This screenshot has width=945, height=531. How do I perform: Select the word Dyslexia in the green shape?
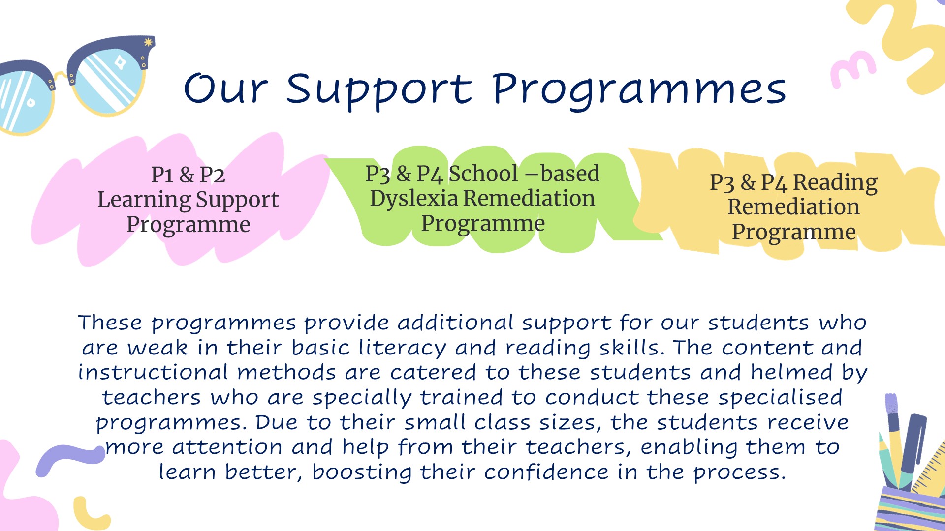click(x=414, y=198)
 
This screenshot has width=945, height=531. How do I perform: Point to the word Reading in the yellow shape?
click(x=835, y=183)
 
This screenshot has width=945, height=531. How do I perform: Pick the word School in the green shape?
click(x=483, y=174)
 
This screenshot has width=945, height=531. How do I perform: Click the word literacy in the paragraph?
click(x=402, y=348)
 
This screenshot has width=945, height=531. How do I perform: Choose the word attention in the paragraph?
click(x=227, y=447)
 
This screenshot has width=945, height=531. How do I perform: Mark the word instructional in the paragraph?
click(x=153, y=372)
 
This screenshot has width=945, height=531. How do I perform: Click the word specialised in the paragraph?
click(x=780, y=397)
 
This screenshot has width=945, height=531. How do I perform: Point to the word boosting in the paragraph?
click(x=362, y=472)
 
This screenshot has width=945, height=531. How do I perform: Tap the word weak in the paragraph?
click(x=157, y=348)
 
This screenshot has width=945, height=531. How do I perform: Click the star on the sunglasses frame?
click(x=148, y=43)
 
